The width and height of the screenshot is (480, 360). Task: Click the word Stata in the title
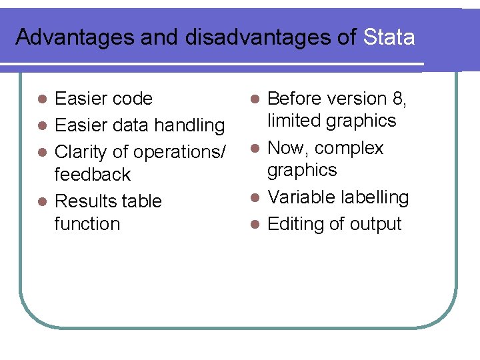(389, 37)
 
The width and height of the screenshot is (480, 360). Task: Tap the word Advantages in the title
(75, 38)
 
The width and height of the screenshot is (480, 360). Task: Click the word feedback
(93, 175)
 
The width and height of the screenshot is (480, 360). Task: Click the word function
(87, 224)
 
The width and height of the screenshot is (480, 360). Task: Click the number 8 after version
(398, 99)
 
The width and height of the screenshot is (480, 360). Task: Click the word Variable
(301, 197)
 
